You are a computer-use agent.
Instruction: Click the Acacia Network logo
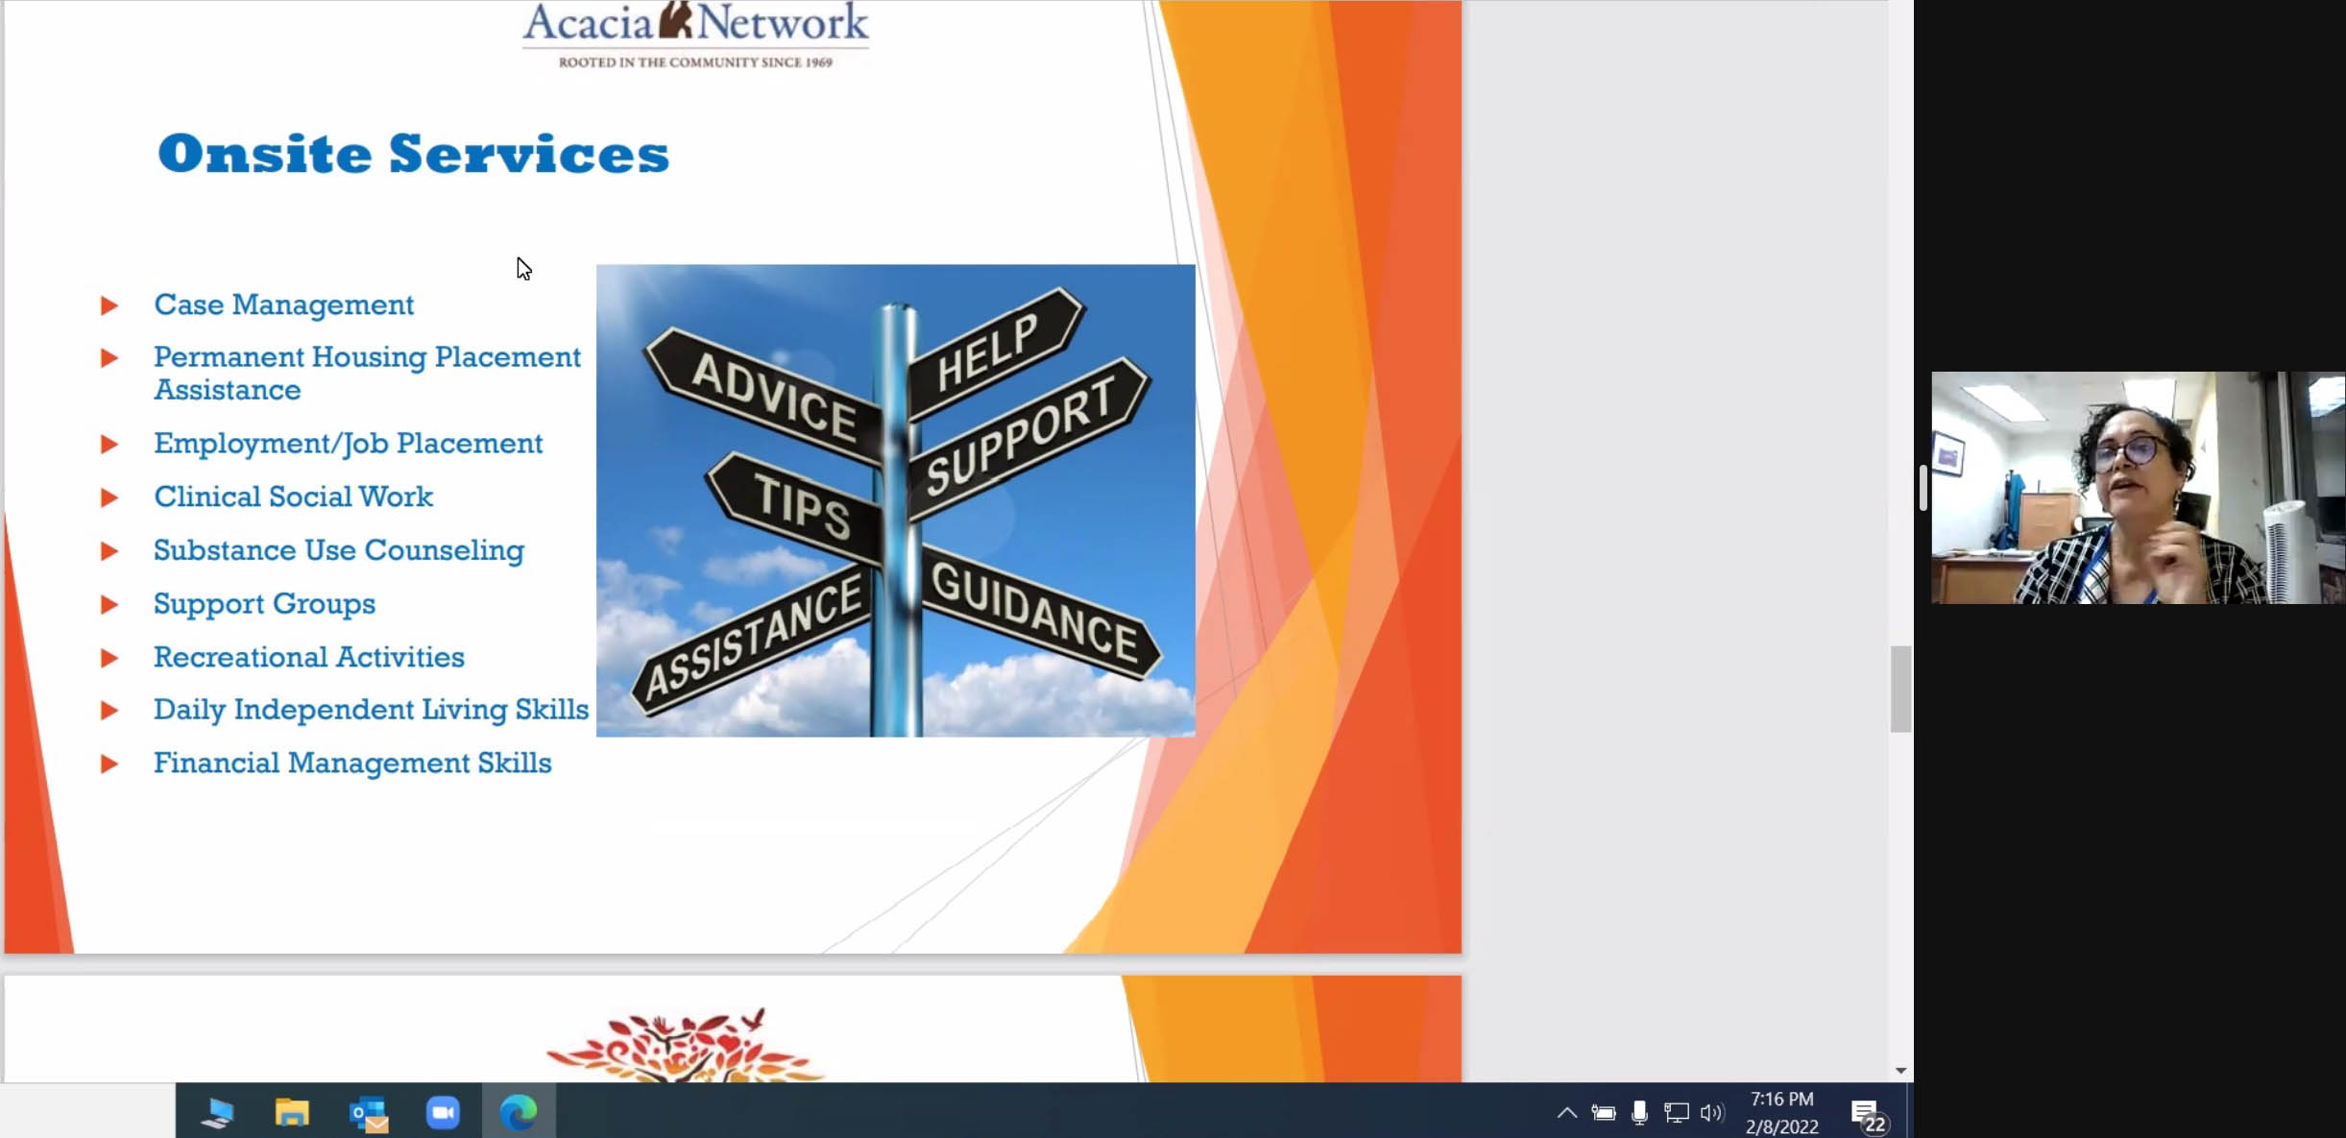click(695, 35)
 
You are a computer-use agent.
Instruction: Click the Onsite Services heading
click(413, 154)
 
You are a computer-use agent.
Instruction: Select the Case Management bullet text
click(283, 304)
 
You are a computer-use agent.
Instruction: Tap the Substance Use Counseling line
click(339, 550)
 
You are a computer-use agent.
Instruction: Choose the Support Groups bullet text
click(264, 604)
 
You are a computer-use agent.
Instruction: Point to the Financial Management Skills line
click(352, 763)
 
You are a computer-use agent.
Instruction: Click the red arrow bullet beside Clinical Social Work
click(109, 497)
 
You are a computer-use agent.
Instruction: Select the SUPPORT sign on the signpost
click(1028, 437)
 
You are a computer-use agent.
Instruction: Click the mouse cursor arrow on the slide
click(523, 269)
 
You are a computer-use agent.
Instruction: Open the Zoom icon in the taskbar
click(443, 1112)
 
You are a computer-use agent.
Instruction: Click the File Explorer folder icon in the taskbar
click(292, 1112)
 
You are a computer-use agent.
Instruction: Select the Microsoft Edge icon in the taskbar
click(519, 1112)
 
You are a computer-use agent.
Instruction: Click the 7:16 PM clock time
click(1781, 1100)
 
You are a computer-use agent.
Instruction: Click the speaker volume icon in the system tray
click(1711, 1113)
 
